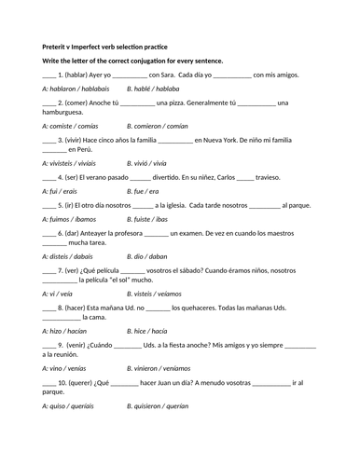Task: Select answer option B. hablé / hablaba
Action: [152, 88]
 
